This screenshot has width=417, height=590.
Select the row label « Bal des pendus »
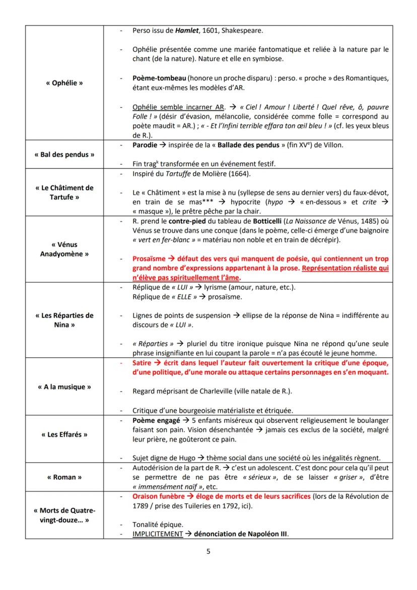tap(64, 154)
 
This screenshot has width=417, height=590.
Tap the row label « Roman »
tap(64, 477)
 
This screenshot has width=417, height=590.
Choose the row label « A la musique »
tap(64, 387)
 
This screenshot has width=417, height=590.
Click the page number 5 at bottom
tap(208, 551)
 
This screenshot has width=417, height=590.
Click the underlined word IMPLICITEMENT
tap(157, 534)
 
